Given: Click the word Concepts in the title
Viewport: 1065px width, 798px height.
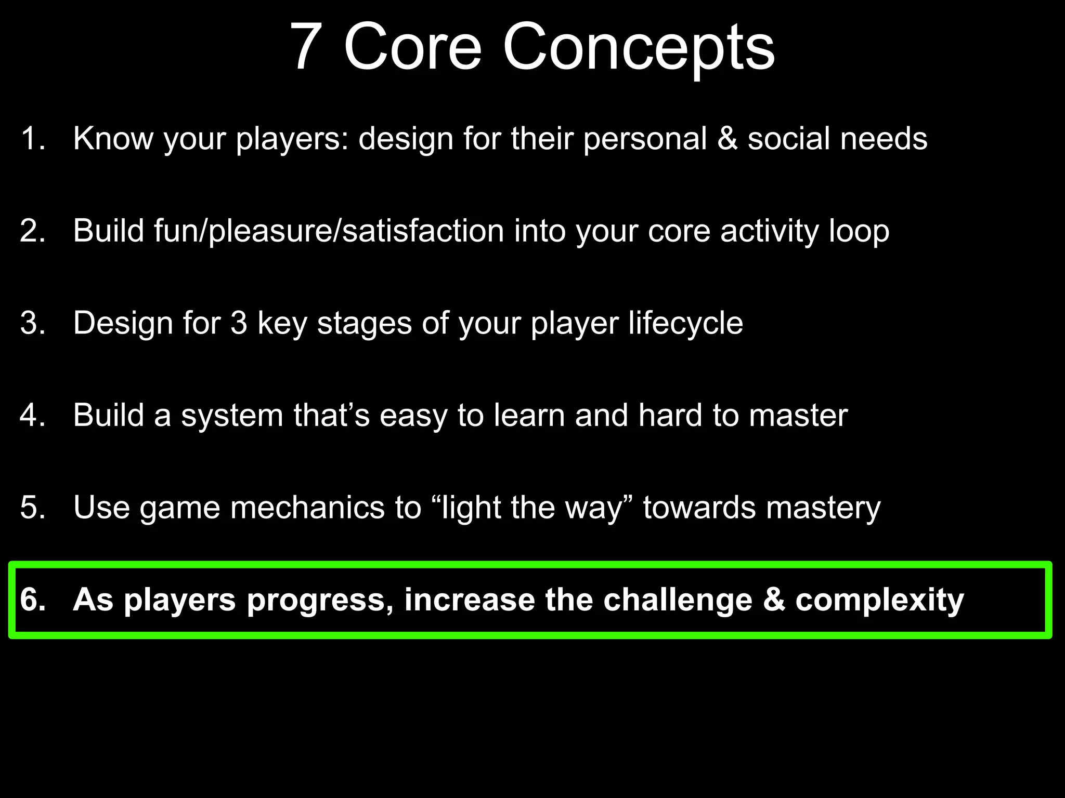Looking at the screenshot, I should (638, 48).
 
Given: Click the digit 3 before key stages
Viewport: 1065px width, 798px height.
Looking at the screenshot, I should (239, 323).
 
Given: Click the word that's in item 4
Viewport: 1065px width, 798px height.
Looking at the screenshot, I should (331, 415).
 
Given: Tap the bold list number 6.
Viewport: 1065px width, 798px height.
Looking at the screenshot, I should (32, 600).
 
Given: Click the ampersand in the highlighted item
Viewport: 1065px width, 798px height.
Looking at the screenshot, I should (774, 600).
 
